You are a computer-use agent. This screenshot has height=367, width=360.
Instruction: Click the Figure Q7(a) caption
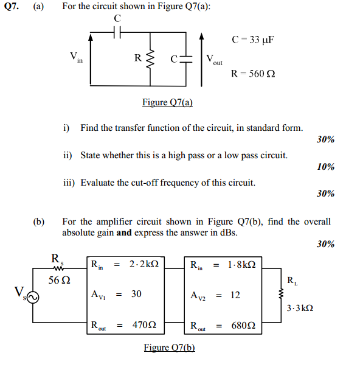click(167, 102)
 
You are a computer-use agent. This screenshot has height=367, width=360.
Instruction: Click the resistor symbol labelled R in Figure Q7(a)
click(149, 59)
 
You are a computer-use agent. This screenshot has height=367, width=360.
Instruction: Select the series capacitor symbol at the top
click(117, 34)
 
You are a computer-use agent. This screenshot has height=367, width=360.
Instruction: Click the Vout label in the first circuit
click(214, 60)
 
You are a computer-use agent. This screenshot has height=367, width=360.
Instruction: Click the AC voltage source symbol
click(32, 296)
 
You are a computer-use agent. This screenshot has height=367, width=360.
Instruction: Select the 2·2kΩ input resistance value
click(144, 265)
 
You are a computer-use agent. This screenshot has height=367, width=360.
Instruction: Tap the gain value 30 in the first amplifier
click(136, 294)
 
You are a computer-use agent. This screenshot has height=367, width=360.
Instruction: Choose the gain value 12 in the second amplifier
click(235, 295)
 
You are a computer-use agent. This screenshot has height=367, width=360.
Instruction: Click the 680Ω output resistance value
click(242, 325)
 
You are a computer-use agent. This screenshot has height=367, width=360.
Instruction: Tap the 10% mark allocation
click(326, 167)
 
